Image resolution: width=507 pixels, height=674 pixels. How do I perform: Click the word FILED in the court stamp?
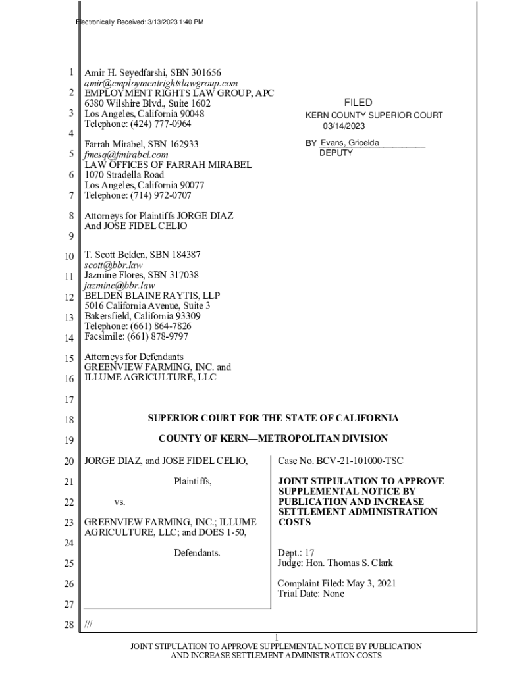(358, 103)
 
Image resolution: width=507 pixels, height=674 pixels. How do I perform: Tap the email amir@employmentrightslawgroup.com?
(161, 83)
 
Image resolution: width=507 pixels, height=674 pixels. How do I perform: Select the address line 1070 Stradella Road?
(124, 175)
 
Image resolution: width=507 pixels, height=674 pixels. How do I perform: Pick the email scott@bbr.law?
(113, 265)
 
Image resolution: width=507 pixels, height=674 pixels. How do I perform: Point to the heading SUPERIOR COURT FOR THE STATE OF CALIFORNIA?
(273, 418)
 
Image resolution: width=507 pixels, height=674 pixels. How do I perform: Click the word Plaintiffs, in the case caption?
(193, 482)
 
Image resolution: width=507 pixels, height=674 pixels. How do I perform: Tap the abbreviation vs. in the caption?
(119, 502)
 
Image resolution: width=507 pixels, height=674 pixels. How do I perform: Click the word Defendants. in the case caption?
(197, 553)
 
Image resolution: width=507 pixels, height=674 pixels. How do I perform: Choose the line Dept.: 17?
(296, 553)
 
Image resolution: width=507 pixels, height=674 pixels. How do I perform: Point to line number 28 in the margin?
(68, 625)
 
